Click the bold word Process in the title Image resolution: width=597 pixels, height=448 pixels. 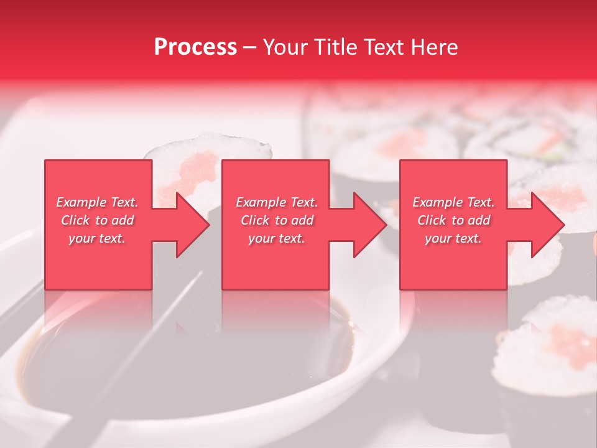coord(195,47)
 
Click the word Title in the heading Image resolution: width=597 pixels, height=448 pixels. coord(336,47)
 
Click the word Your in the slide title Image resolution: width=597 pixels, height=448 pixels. coord(287,47)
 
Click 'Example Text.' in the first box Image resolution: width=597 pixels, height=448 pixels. coord(97,202)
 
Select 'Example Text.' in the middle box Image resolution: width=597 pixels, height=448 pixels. coord(277,202)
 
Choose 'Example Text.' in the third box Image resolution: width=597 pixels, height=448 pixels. coord(453,202)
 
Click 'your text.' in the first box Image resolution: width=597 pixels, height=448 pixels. coord(97,238)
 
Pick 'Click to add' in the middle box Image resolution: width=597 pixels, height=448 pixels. coord(277,220)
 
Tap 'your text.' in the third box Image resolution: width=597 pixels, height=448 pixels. coord(453,238)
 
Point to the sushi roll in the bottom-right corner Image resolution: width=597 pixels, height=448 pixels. coord(550,348)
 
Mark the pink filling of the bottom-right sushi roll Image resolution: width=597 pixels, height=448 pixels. coord(569,342)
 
